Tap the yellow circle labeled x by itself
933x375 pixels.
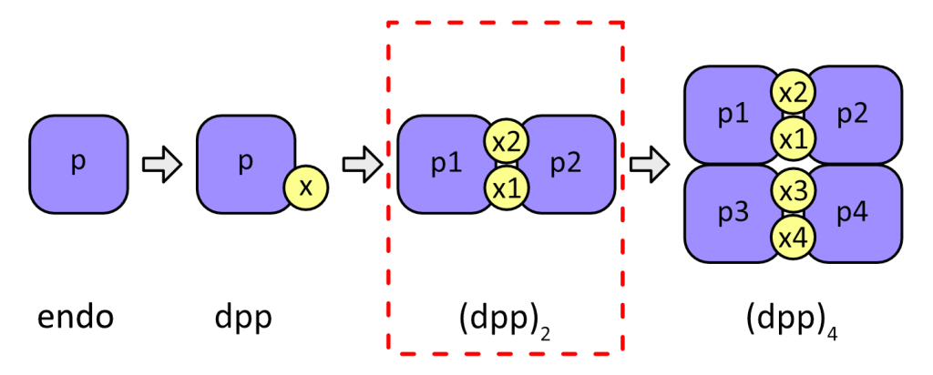click(x=306, y=187)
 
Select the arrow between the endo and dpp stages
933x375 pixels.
click(x=163, y=165)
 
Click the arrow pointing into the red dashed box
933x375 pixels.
click(x=362, y=164)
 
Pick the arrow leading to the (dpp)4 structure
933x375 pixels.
click(x=650, y=164)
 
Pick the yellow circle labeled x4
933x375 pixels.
click(x=793, y=237)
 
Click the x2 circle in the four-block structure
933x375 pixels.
click(x=793, y=91)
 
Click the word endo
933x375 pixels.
click(x=76, y=319)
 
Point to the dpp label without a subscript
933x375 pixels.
click(x=243, y=319)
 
